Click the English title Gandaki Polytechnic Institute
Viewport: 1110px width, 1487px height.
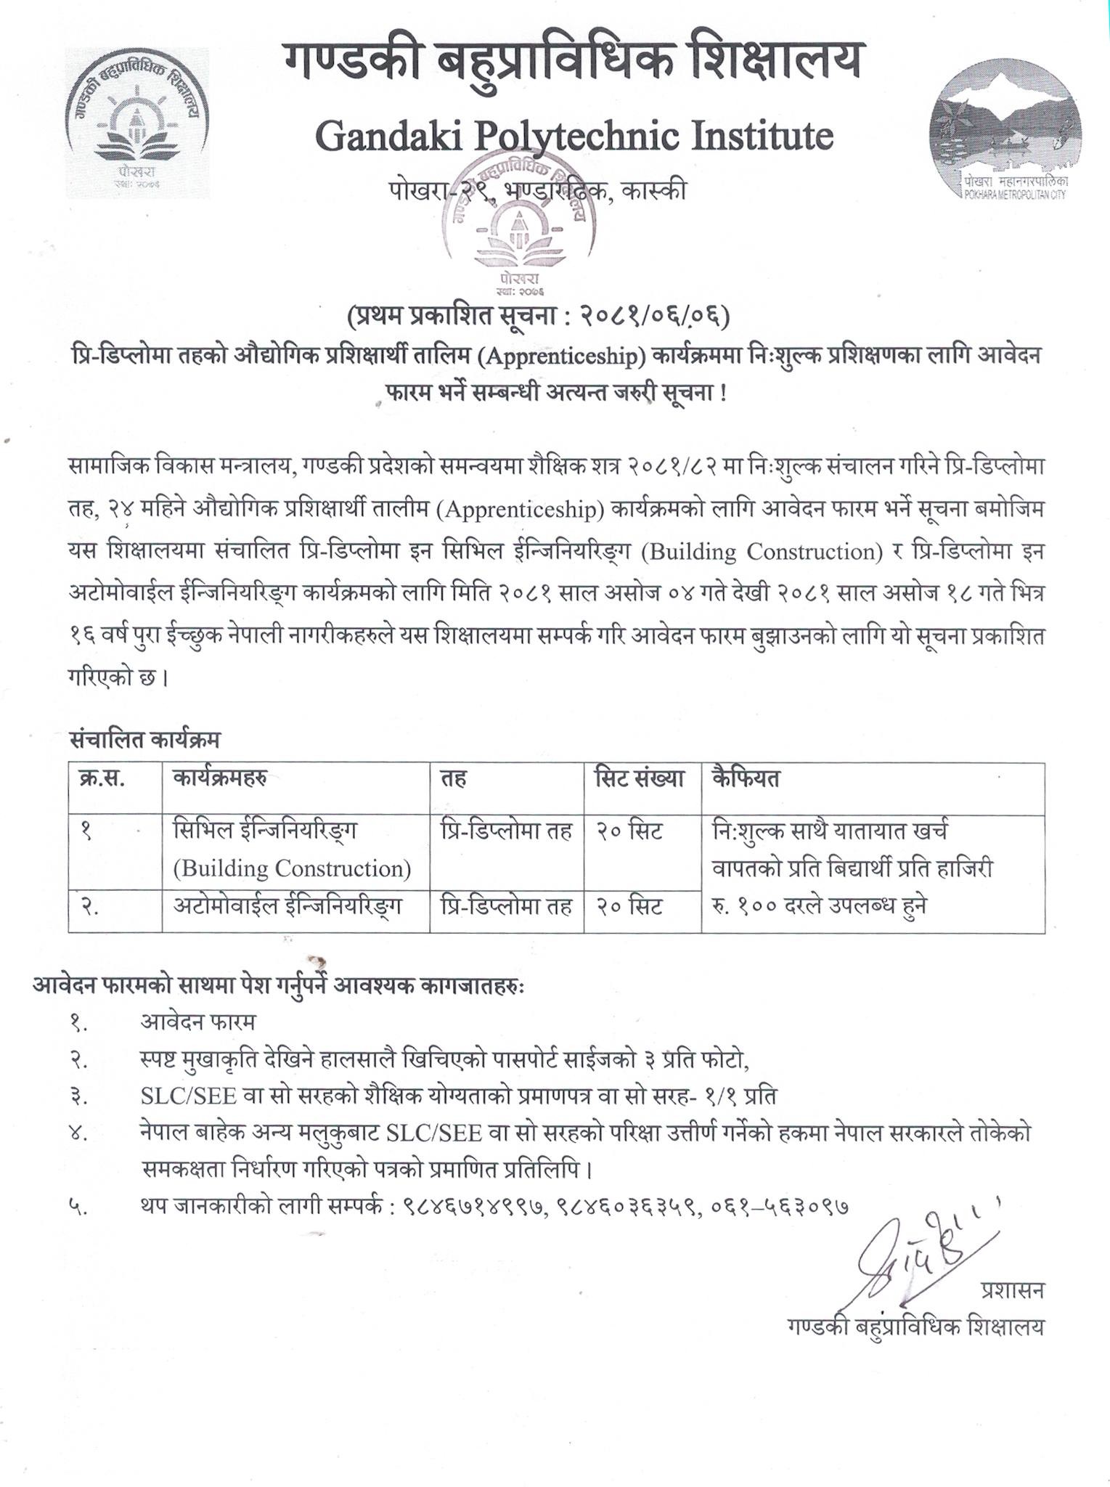pos(574,136)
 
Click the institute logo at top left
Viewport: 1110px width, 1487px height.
pos(136,122)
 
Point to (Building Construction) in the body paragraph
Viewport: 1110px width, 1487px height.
pos(760,552)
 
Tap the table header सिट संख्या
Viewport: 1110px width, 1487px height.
pos(640,779)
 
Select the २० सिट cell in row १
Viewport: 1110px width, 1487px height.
pos(629,831)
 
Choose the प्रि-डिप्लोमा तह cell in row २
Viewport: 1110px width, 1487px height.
pos(506,907)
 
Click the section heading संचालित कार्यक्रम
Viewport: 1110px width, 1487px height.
pos(145,740)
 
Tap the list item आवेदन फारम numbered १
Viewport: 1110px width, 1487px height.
pos(198,1022)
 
